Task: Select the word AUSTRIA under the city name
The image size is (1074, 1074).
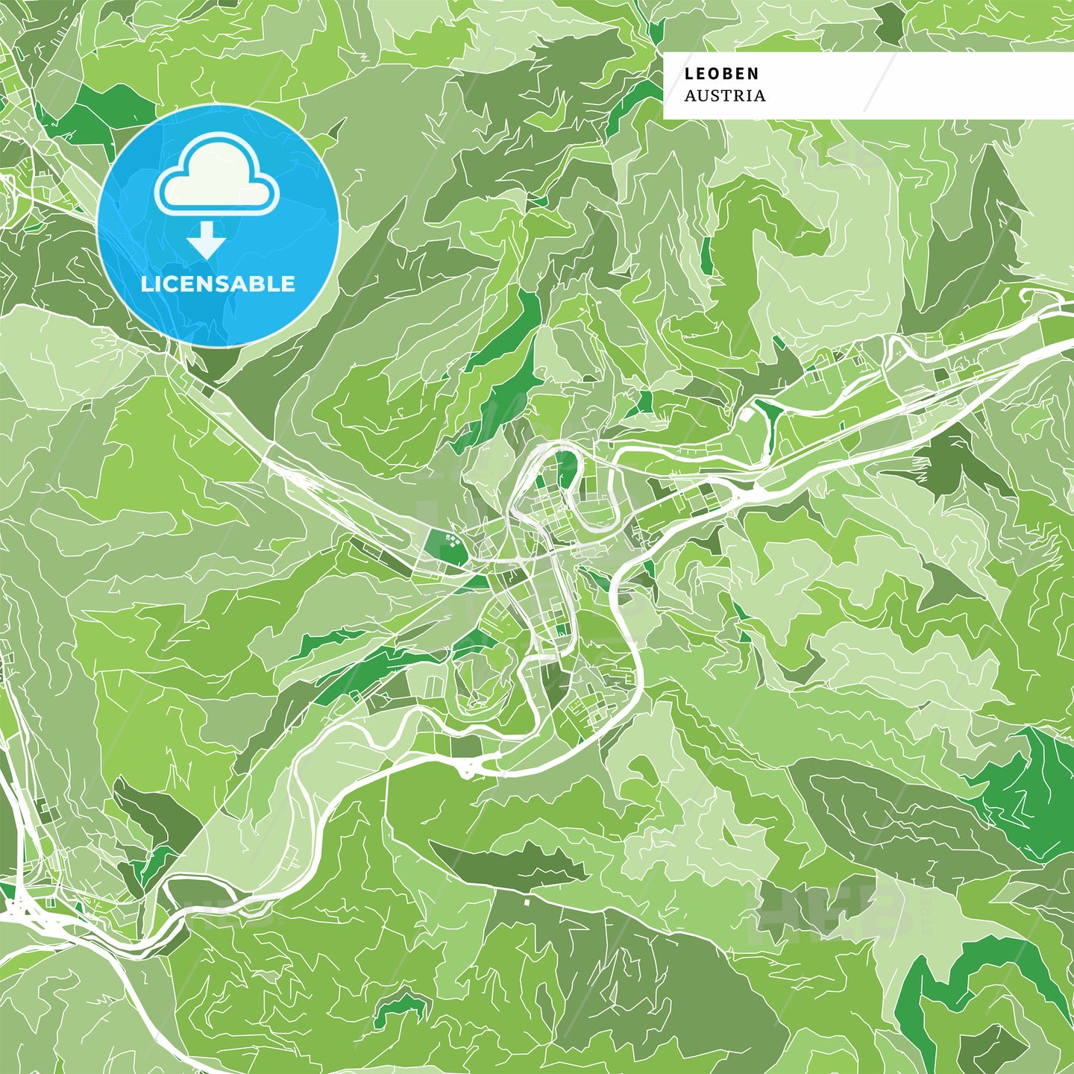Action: pyautogui.click(x=724, y=95)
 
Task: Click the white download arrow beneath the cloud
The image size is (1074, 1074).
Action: pyautogui.click(x=207, y=241)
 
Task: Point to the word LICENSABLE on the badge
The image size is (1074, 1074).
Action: pyautogui.click(x=218, y=283)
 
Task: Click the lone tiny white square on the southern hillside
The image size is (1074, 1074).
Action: pyautogui.click(x=527, y=902)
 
